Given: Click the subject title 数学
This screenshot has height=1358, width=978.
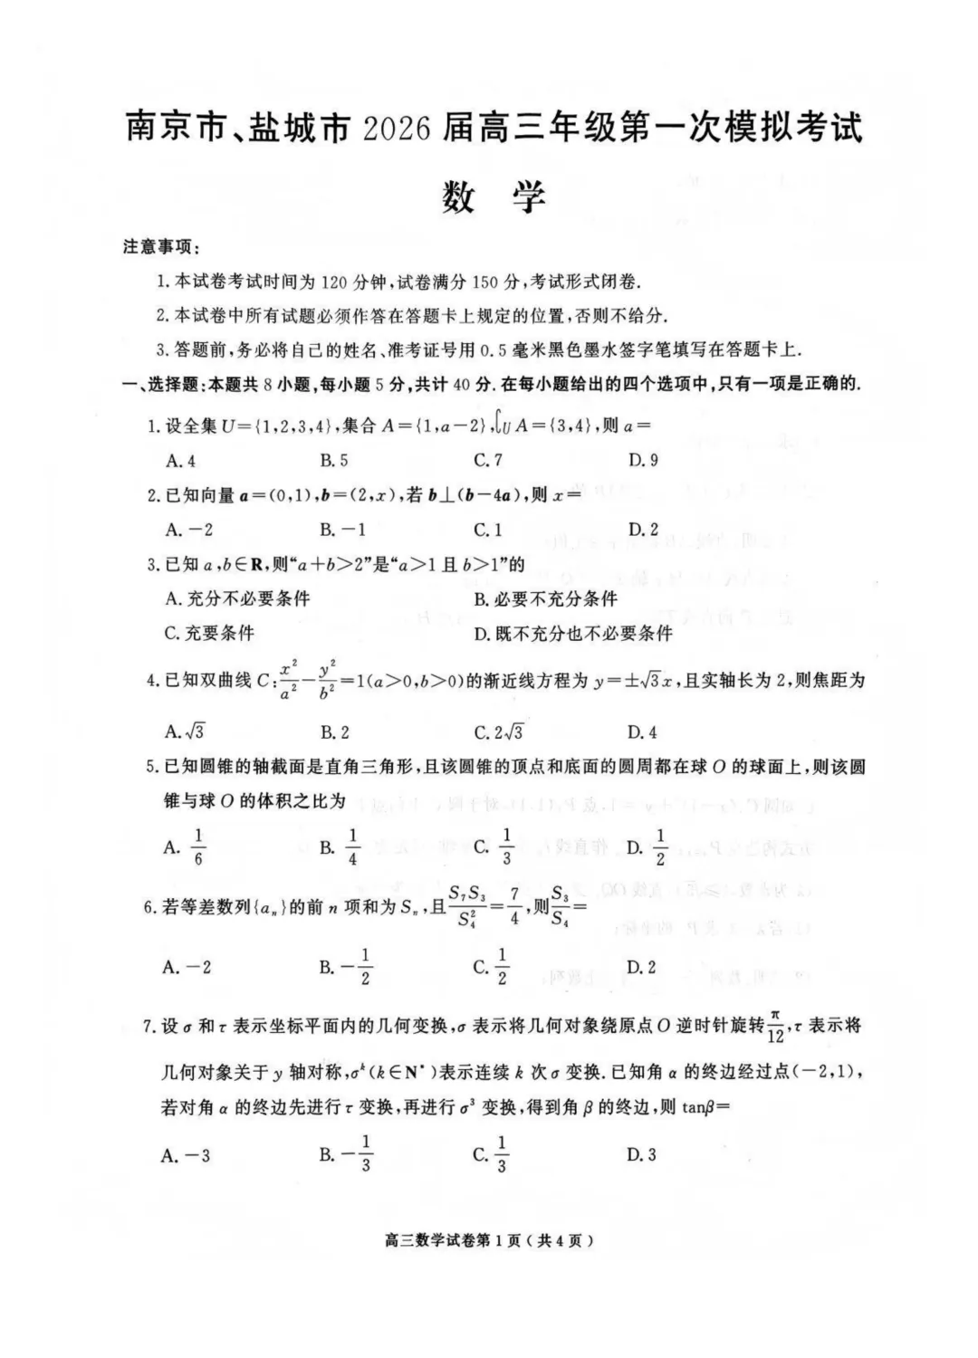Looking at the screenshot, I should click(494, 196).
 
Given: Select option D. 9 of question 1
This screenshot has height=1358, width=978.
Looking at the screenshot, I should click(643, 460).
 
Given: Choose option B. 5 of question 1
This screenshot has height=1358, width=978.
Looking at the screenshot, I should click(334, 460).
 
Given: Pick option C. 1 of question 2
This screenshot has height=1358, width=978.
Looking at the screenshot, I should click(488, 529).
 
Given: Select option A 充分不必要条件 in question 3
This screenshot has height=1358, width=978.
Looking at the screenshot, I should click(237, 598).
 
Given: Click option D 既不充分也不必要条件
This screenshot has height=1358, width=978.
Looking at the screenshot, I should click(573, 633).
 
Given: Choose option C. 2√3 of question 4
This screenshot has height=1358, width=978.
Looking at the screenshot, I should click(498, 732).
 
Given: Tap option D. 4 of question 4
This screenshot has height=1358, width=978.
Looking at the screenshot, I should click(642, 732).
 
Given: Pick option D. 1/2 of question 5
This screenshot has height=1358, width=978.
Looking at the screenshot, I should click(647, 847).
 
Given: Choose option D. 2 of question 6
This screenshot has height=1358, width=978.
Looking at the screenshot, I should click(641, 967).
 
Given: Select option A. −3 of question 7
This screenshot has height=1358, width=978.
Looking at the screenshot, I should click(187, 1154).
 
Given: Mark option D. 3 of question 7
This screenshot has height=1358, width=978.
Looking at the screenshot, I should click(641, 1154).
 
